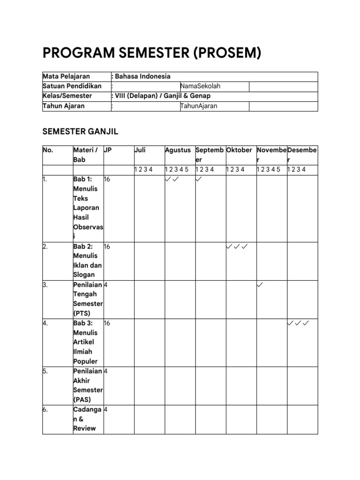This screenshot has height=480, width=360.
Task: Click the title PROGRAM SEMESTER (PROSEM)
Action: pos(151,53)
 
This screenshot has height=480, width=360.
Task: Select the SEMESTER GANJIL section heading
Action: pos(83,131)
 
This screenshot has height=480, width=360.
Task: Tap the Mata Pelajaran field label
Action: pos(66,76)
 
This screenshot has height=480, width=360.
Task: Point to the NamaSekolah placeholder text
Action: pos(200,86)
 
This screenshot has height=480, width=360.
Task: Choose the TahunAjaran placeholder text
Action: pos(199,106)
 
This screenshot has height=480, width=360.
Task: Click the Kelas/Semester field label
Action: pos(67,96)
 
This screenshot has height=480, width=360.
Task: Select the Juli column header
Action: pos(140,150)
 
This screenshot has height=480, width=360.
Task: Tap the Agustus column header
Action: pos(178,150)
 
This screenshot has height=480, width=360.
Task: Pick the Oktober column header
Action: pos(240,150)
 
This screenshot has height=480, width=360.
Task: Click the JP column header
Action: pos(108,150)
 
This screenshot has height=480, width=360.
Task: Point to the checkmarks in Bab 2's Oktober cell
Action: pos(237,246)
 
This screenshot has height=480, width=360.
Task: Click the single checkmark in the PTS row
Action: pos(261,285)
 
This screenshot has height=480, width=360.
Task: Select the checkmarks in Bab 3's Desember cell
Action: pos(298,323)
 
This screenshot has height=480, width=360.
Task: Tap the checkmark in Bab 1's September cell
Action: pos(199,179)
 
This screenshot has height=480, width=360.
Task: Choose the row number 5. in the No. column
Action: pos(45,371)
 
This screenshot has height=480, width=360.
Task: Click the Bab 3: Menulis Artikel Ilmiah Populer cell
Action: pos(86,342)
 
